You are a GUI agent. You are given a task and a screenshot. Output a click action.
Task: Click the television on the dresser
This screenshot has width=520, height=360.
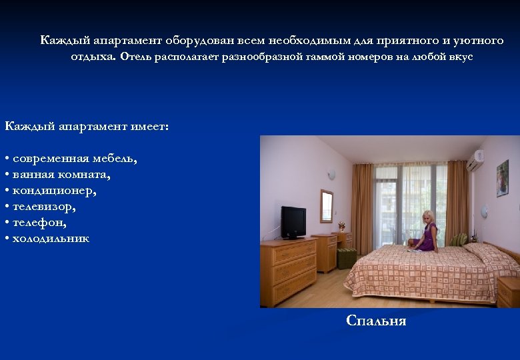(x=293, y=221)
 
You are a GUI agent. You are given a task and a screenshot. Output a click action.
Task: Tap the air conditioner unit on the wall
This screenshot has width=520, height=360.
(x=475, y=161)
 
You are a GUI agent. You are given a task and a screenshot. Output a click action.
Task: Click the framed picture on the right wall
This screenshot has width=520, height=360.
(x=502, y=178)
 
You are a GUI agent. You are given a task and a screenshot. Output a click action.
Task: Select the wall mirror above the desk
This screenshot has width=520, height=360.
(x=326, y=205)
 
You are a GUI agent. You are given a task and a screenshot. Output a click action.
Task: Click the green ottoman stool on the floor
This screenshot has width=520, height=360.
(x=347, y=257)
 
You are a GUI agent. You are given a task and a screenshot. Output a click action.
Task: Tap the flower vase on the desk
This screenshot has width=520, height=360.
(x=341, y=227)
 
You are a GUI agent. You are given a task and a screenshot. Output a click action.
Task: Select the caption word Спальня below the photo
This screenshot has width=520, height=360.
(x=376, y=321)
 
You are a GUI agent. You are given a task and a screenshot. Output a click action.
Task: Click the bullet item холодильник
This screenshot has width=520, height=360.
(x=51, y=238)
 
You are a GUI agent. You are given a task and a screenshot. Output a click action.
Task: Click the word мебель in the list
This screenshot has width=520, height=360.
(x=117, y=158)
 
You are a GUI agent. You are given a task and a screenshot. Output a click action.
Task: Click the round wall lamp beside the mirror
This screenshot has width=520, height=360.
(x=331, y=175)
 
